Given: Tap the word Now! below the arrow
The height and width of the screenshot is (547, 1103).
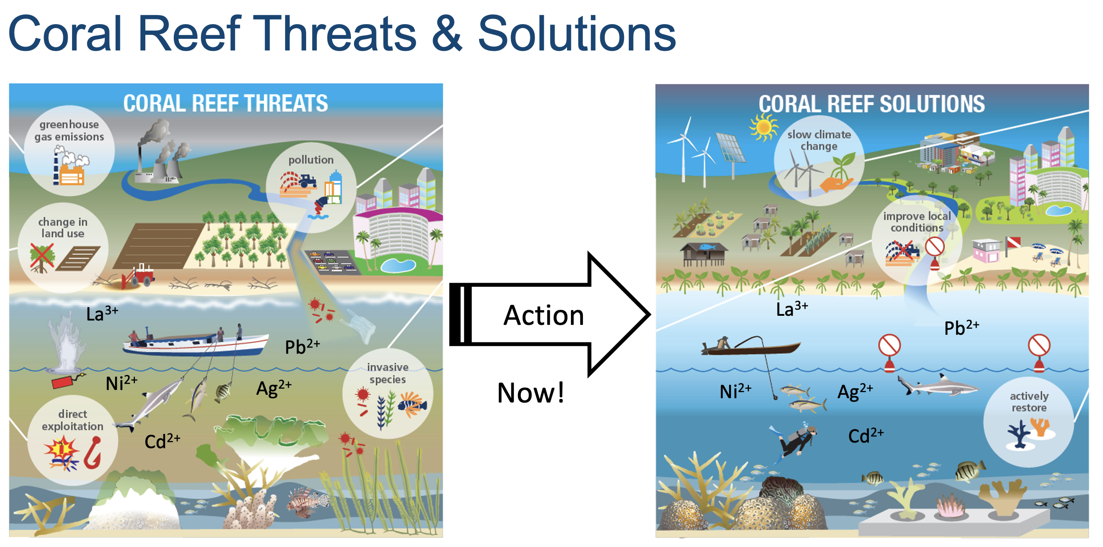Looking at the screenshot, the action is [x=531, y=393].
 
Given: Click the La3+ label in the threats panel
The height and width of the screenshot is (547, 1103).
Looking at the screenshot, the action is [x=102, y=313].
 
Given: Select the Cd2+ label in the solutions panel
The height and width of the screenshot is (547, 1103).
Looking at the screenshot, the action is [x=866, y=436].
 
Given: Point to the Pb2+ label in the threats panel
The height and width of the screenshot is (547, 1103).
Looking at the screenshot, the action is [x=302, y=346].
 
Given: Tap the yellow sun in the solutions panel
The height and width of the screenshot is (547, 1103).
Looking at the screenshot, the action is [x=764, y=127].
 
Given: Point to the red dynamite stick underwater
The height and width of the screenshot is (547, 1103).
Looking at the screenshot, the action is [x=63, y=382].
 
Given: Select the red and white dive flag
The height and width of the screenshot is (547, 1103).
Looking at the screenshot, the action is [x=1013, y=242].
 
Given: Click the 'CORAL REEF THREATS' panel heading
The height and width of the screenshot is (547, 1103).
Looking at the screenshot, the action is [x=226, y=104].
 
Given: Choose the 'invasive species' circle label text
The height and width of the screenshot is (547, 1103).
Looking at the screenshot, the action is [x=388, y=373].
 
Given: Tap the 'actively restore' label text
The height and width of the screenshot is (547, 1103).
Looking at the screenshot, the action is [x=1029, y=402].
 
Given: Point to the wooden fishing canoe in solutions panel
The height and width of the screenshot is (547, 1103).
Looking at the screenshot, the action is [x=751, y=347].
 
